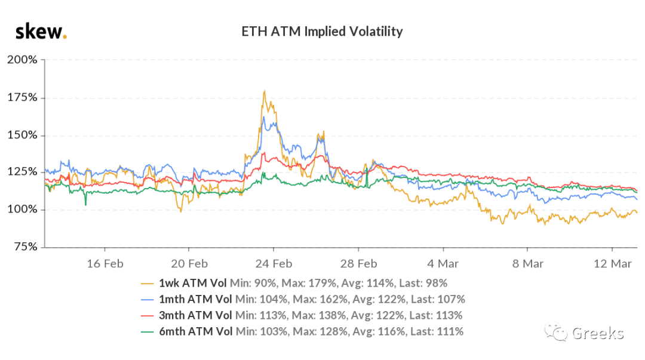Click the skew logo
pos(41,32)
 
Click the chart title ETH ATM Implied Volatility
pos(322,32)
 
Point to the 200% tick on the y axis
pos(22,60)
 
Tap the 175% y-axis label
pos(22,97)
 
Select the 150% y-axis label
pos(22,135)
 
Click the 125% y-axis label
pos(22,171)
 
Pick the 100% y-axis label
pos(22,209)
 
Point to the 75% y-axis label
pos(26,247)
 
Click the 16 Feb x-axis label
pos(105,264)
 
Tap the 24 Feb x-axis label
pos(274,264)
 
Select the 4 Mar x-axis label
pos(443,264)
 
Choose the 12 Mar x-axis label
pos(612,264)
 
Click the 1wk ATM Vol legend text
pos(192,283)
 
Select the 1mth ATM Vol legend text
pos(195,299)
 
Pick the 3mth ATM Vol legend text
pos(195,315)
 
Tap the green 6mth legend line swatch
pos(148,331)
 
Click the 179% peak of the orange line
pos(265,91)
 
